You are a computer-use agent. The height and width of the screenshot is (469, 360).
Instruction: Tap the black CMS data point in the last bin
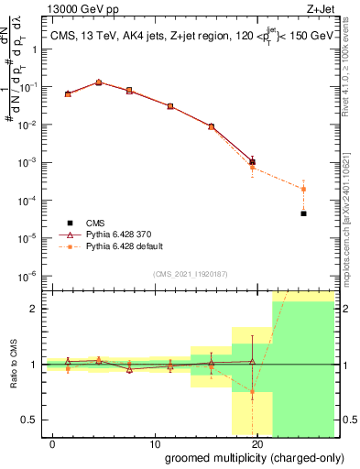[303, 213]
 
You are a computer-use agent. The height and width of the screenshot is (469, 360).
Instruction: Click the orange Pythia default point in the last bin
[303, 189]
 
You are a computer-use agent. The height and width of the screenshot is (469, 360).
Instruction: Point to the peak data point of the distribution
[99, 82]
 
